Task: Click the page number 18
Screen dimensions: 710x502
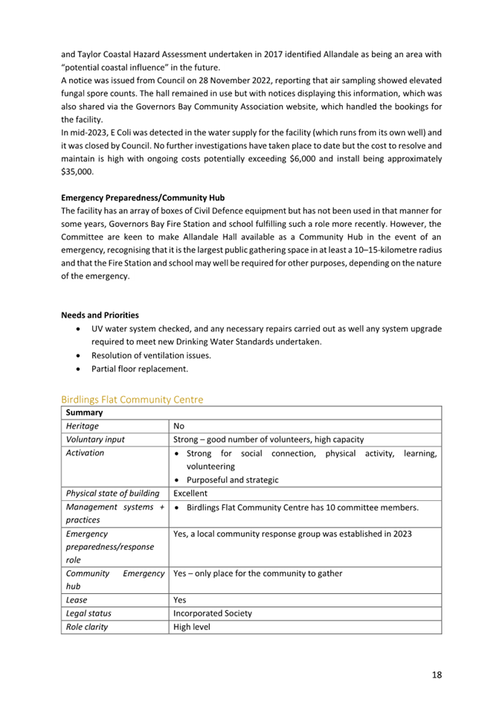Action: [x=436, y=674]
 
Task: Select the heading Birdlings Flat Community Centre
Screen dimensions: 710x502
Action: [x=132, y=400]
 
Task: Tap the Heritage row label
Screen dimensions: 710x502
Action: [x=82, y=426]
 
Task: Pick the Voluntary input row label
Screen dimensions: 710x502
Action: [x=95, y=440]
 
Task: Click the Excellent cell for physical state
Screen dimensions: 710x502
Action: [x=190, y=493]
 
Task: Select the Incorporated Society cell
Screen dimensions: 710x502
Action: [x=212, y=613]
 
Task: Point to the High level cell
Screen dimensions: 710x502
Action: [x=192, y=627]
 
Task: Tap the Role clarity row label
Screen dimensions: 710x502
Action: [x=88, y=627]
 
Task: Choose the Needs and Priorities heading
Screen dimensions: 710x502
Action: [x=100, y=315]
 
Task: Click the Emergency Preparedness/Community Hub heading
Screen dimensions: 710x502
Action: [x=142, y=198]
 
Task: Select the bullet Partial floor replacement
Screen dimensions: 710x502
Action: [x=140, y=368]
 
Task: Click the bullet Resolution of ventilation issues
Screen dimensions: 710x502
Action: [x=151, y=355]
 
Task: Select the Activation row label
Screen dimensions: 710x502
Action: [x=85, y=453]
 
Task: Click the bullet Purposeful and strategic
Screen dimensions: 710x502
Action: [x=232, y=480]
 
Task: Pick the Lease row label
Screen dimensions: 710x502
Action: [x=77, y=600]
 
